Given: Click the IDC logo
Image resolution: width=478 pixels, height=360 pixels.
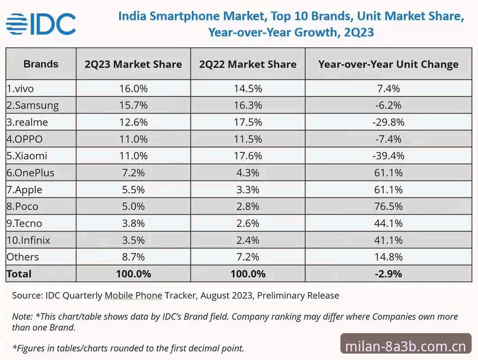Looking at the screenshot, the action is pyautogui.click(x=41, y=24).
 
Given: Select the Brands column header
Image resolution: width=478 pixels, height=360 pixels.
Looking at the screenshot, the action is pyautogui.click(x=41, y=64).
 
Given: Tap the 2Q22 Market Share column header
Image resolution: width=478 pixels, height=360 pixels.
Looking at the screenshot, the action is pyautogui.click(x=248, y=64).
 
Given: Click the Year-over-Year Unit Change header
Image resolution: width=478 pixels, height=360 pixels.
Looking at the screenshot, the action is pyautogui.click(x=388, y=64).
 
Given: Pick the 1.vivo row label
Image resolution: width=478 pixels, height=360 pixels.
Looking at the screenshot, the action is pyautogui.click(x=20, y=89).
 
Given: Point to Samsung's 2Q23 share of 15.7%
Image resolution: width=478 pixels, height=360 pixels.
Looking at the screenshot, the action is pyautogui.click(x=134, y=105).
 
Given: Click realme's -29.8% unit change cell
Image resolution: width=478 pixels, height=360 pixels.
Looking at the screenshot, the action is pyautogui.click(x=388, y=122).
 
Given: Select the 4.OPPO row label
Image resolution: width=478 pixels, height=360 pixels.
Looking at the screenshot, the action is pyautogui.click(x=25, y=139).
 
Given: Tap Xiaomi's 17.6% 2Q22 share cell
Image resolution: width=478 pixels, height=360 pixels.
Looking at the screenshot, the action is pyautogui.click(x=248, y=156).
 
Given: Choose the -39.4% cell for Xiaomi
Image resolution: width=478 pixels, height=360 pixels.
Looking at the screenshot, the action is pyautogui.click(x=388, y=156).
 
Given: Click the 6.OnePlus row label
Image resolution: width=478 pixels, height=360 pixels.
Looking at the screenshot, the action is pyautogui.click(x=31, y=173).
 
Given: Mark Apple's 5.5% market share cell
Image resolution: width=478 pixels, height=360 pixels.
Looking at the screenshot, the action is pyautogui.click(x=134, y=190).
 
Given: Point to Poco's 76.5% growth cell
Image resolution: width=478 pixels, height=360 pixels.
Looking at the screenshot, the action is pyautogui.click(x=388, y=206).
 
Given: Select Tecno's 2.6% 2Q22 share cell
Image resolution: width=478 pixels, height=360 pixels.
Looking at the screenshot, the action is pyautogui.click(x=248, y=223).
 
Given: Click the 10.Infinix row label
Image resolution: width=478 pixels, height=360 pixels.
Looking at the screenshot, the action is pyautogui.click(x=28, y=240).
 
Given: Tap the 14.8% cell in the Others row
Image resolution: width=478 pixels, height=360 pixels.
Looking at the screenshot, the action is pyautogui.click(x=388, y=257).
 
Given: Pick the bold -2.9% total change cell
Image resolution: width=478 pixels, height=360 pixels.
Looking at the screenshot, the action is pyautogui.click(x=388, y=274).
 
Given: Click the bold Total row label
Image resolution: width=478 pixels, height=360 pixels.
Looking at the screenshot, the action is pyautogui.click(x=19, y=274).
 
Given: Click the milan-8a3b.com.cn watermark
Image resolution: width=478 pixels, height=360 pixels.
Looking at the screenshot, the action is pyautogui.click(x=406, y=346).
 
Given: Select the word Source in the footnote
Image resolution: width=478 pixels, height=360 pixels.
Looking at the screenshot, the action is pyautogui.click(x=27, y=295).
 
